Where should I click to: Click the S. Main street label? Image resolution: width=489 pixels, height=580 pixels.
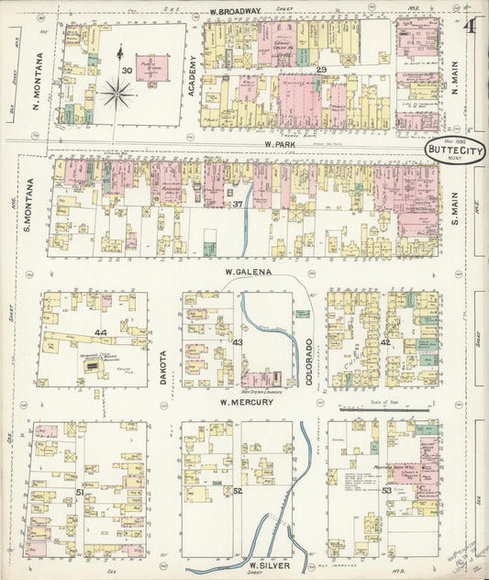click(x=455, y=197)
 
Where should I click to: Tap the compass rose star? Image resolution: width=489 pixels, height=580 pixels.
click(x=118, y=93)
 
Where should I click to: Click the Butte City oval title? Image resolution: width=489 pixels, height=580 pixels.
click(x=454, y=151)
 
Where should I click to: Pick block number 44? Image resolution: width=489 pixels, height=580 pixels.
click(x=99, y=330)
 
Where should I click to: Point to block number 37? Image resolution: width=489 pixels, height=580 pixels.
click(x=237, y=204)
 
